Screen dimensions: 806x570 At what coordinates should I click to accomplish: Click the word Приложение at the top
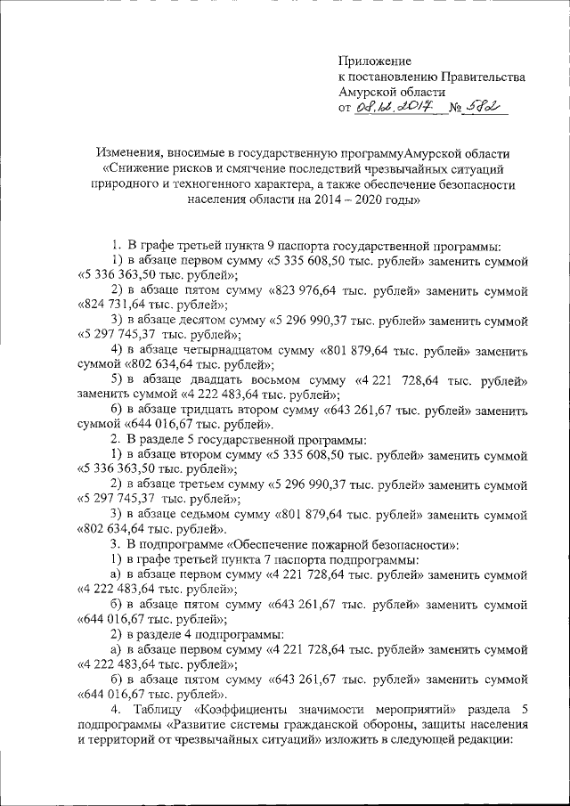point(375,61)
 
